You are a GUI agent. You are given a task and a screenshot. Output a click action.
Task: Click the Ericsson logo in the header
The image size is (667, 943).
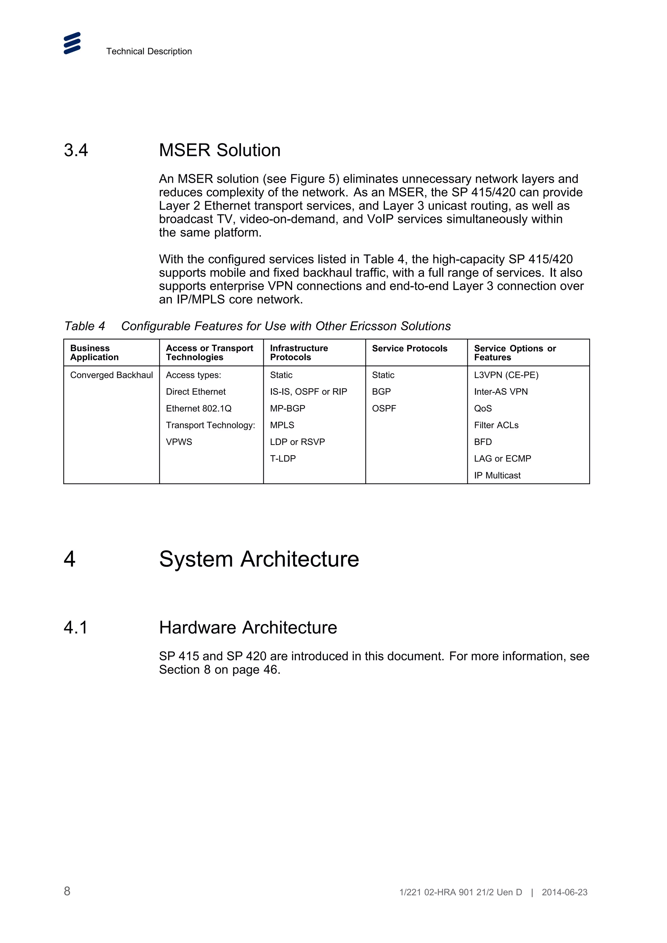[72, 43]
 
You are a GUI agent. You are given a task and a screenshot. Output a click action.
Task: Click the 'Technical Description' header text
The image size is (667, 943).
[149, 51]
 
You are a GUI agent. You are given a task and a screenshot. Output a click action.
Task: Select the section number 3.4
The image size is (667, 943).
[76, 150]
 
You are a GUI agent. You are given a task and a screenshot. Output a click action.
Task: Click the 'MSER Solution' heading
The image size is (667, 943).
[220, 150]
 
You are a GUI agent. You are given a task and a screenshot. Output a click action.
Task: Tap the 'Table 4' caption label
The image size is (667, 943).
[84, 326]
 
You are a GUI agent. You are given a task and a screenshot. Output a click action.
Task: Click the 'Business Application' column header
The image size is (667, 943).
[94, 352]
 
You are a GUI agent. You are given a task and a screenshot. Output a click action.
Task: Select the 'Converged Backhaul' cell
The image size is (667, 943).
[111, 375]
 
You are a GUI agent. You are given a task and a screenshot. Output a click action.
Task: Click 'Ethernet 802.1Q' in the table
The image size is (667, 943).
[198, 408]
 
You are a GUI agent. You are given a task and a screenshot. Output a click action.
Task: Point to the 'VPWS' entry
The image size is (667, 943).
[179, 442]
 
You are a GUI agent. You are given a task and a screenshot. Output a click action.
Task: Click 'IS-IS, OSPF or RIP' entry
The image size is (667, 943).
[308, 392]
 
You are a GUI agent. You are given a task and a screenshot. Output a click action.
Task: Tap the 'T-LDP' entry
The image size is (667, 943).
[283, 458]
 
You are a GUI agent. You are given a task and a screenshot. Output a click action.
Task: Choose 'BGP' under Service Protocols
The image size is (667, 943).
[381, 392]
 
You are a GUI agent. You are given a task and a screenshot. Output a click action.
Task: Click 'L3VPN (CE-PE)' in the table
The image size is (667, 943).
[506, 375]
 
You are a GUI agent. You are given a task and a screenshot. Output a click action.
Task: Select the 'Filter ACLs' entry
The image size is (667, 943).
[496, 425]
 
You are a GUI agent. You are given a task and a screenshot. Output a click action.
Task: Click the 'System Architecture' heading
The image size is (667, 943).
[259, 559]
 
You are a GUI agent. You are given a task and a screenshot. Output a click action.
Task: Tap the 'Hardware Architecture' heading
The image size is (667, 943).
[248, 628]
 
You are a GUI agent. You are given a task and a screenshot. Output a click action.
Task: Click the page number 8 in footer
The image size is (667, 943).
[67, 891]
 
